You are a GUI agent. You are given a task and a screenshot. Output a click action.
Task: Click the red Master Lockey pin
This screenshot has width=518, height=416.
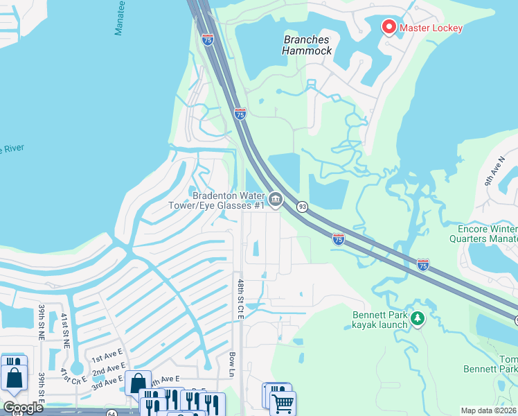tap(388, 27)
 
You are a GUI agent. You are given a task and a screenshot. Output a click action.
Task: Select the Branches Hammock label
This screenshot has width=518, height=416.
tap(307, 45)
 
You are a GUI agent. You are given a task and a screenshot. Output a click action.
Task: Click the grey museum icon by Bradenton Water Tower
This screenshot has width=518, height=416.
tap(275, 201)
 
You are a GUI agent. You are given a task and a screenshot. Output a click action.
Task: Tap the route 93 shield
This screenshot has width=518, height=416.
tap(302, 207)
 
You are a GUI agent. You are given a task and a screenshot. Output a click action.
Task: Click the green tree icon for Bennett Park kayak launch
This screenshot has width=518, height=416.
tap(417, 318)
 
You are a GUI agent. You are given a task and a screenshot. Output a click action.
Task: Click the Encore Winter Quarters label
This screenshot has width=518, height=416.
tap(488, 233)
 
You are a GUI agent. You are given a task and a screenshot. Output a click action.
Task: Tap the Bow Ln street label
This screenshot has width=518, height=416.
tap(232, 364)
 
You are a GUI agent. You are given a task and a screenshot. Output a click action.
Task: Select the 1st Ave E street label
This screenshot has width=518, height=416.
tap(107, 357)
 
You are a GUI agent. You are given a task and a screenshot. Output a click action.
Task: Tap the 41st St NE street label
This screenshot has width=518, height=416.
tap(64, 329)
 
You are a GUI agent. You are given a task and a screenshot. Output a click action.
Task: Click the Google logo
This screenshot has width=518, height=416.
tap(23, 408)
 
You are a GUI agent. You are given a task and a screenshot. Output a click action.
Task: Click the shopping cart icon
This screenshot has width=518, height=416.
tap(283, 402)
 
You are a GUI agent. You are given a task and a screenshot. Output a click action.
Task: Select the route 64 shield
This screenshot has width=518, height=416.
tap(111, 413)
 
